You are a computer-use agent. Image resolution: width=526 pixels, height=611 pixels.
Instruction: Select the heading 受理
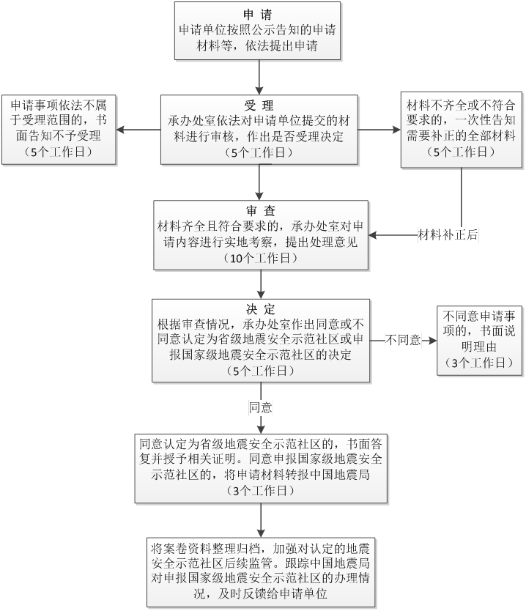259,105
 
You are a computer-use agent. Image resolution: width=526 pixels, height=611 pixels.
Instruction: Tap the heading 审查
261,211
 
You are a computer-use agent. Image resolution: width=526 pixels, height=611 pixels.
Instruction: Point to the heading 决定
261,308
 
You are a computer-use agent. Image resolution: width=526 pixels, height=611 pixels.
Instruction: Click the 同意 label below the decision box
261,407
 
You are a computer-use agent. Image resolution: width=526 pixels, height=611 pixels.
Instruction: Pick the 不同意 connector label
404,340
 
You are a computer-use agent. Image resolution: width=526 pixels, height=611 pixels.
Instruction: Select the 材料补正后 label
448,235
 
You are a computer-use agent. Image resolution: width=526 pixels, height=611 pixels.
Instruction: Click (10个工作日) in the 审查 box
261,259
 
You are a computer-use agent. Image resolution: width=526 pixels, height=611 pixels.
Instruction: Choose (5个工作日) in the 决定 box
261,371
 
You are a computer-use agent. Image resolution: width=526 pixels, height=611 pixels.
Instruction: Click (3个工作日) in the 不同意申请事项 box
479,363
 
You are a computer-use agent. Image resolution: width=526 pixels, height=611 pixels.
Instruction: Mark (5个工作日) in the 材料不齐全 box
460,152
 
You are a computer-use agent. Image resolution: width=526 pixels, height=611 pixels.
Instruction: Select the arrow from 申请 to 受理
260,76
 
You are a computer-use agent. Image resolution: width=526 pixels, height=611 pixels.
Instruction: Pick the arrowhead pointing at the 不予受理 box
122,130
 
